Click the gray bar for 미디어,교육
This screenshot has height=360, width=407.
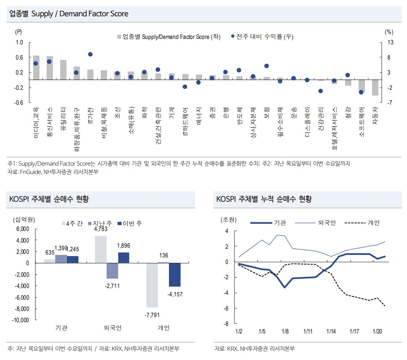pos(36,68)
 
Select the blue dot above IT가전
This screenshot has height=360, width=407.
pos(90,54)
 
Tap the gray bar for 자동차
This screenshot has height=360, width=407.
pos(375,87)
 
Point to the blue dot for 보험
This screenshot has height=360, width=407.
pos(266,66)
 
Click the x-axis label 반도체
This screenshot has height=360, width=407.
pos(239,116)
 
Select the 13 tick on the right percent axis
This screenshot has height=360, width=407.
pos(390,42)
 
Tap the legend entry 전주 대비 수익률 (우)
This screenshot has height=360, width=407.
pos(262,36)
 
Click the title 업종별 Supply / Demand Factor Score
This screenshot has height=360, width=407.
pos(69,14)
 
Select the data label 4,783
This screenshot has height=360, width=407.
pos(100,229)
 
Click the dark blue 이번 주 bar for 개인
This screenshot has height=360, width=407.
pos(174,275)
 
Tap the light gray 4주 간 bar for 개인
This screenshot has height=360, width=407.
pos(152,285)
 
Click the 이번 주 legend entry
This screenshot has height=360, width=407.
pos(130,223)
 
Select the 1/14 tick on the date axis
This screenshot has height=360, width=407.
pos(331,331)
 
